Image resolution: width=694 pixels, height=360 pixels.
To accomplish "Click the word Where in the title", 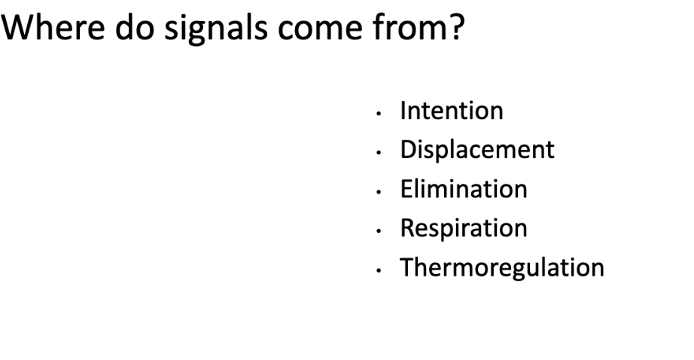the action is [x=53, y=27].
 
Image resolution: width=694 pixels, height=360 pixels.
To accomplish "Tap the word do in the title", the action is [x=135, y=27].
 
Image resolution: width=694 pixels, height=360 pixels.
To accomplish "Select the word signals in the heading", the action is [x=216, y=29].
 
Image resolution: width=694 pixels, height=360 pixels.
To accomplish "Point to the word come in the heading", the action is [x=320, y=29].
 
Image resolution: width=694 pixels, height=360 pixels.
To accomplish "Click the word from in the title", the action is [x=406, y=27].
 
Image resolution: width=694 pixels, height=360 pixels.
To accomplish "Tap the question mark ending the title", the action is [x=455, y=27].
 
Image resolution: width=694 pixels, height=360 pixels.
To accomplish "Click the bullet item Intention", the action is [x=452, y=110].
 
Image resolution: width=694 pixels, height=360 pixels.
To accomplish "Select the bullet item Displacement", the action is [x=477, y=150].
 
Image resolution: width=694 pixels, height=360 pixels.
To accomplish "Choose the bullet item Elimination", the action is [x=464, y=189].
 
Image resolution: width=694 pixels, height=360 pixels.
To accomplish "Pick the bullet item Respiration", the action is [x=464, y=229].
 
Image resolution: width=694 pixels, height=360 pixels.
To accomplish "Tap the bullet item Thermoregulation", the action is [x=502, y=268].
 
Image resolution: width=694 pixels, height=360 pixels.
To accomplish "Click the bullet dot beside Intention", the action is [x=379, y=114].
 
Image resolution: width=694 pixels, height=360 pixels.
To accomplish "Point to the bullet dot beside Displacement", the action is [x=379, y=153].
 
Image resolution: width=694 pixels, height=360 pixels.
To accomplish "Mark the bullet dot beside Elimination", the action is [x=379, y=192].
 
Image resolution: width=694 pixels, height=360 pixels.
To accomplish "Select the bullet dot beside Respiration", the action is [x=379, y=230].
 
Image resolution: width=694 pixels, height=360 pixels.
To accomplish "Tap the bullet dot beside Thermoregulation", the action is [x=379, y=270].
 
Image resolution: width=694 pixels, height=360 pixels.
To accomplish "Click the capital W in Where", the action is [x=18, y=27].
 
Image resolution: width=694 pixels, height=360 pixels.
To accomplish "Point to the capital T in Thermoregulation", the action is [x=408, y=267].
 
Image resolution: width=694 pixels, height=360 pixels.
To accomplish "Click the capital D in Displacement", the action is [x=409, y=150].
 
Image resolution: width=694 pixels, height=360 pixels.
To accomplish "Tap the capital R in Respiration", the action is [x=408, y=227].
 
